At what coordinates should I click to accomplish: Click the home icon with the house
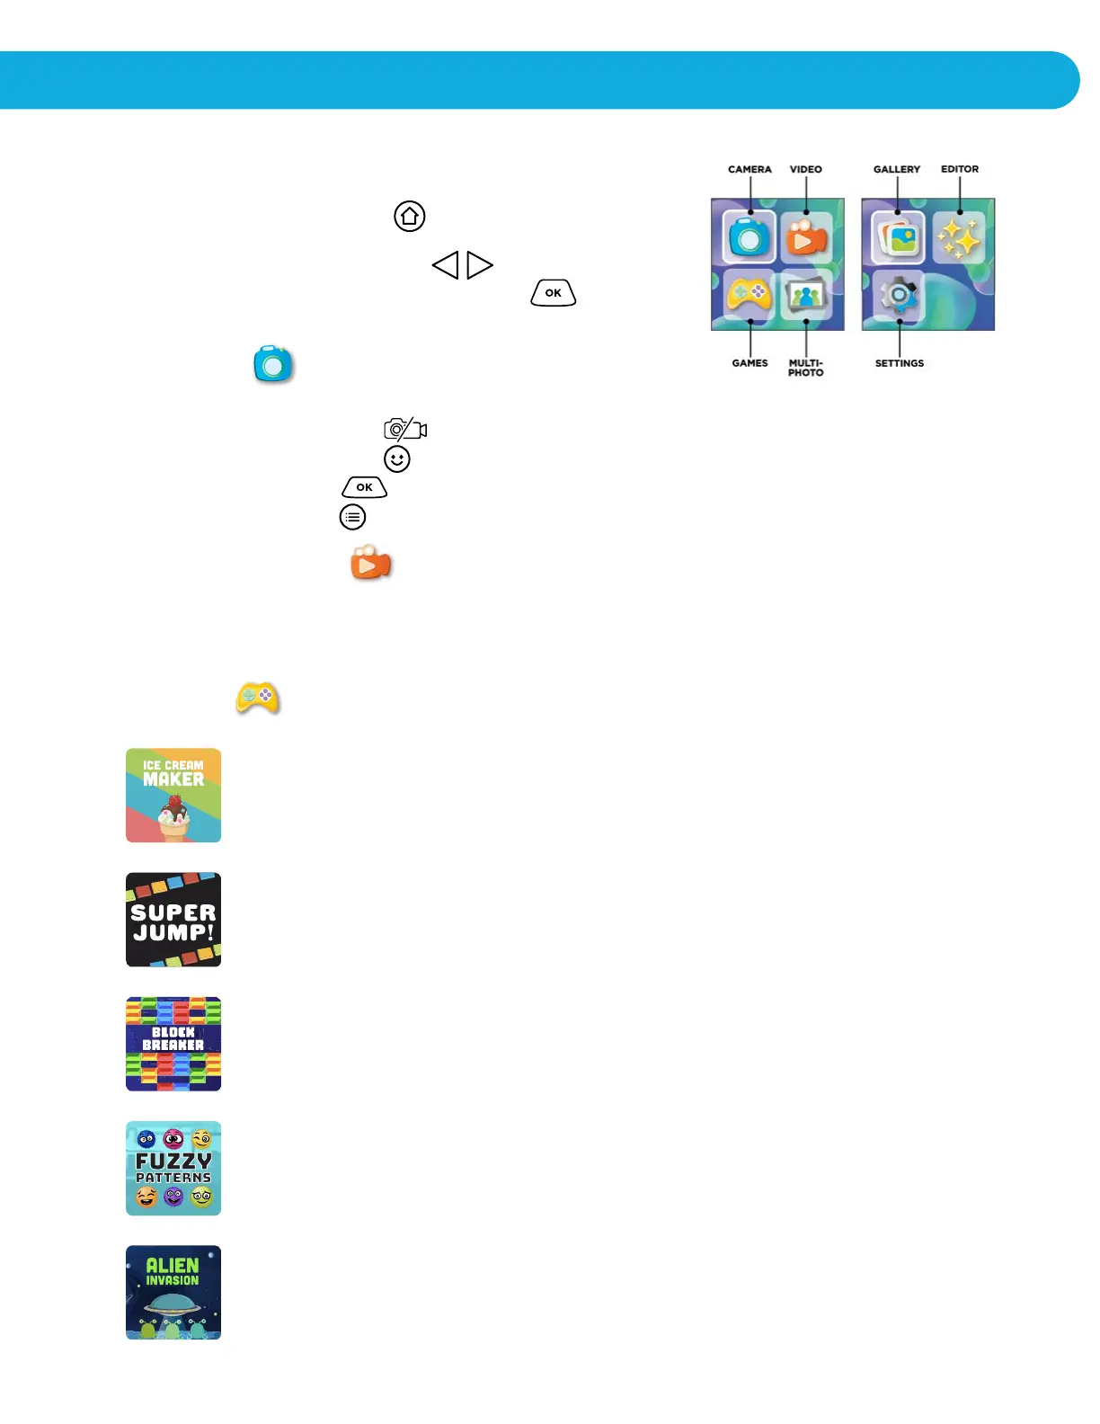[x=410, y=216]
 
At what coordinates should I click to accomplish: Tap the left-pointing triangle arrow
[x=446, y=265]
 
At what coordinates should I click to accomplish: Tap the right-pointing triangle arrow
[x=479, y=265]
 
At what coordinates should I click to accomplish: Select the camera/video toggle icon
[x=405, y=429]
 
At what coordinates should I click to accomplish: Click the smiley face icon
[x=397, y=459]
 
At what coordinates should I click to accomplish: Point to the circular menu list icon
[x=352, y=517]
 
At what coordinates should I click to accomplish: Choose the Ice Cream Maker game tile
[x=173, y=795]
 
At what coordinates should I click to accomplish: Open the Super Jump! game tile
[x=173, y=920]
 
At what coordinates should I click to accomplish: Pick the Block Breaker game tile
[x=173, y=1044]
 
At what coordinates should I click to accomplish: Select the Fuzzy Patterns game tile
[x=173, y=1168]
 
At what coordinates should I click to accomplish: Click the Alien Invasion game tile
[x=173, y=1292]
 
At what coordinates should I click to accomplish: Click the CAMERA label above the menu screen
[x=750, y=169]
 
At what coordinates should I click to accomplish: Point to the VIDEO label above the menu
[x=806, y=169]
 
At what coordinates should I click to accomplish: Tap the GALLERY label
[x=897, y=169]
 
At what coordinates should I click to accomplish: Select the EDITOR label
[x=960, y=169]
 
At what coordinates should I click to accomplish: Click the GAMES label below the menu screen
[x=750, y=363]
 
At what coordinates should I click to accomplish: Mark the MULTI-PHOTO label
[x=806, y=368]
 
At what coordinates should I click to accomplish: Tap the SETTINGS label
[x=900, y=363]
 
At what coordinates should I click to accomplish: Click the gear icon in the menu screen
[x=899, y=296]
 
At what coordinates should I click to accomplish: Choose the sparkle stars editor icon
[x=959, y=239]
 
